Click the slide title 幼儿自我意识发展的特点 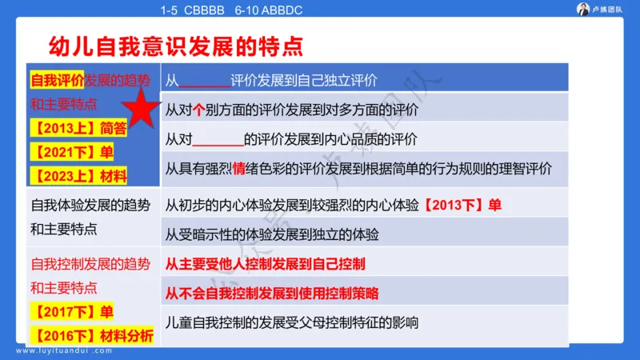[176, 45]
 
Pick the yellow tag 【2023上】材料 [78, 175]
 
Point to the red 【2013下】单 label [462, 205]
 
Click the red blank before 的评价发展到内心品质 [218, 142]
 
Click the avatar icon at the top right [583, 9]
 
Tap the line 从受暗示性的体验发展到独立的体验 [272, 234]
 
